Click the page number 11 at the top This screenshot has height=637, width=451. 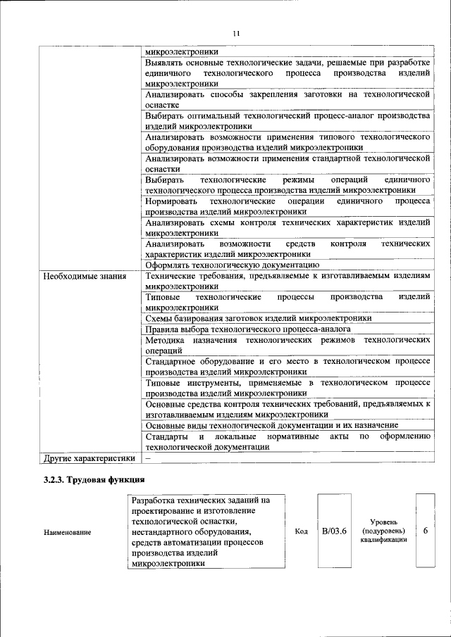pos(236,33)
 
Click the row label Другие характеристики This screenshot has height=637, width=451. pos(88,458)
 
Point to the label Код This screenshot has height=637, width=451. pos(300,531)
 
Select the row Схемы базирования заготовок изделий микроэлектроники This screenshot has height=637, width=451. pos(259,318)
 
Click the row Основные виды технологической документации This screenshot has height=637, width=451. pos(271,425)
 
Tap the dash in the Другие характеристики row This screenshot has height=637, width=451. pos(148,458)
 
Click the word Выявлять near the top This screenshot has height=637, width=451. pos(166,63)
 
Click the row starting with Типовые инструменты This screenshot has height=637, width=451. pos(288,388)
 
